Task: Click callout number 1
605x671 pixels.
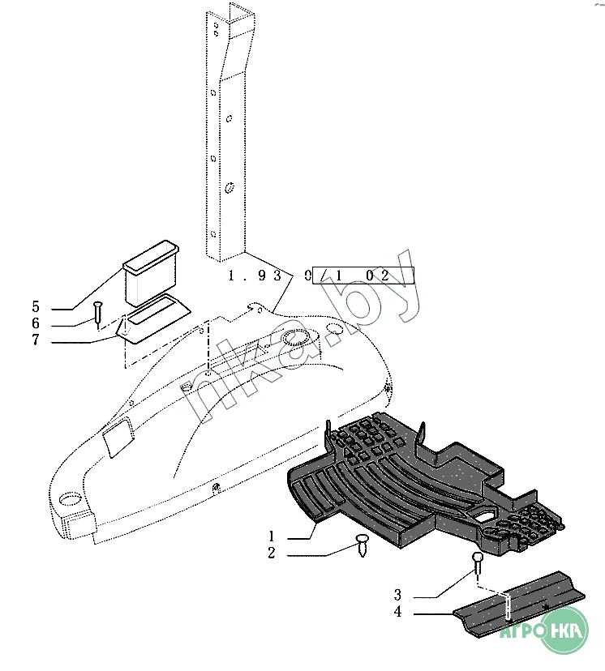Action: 272,536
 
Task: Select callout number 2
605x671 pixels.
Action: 272,553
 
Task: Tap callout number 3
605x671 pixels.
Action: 397,594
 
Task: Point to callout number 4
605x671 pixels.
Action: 397,612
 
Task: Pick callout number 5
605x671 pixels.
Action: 36,306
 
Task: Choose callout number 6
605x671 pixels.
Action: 36,323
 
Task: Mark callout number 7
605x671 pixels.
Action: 36,340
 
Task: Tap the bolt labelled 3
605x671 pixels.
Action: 478,564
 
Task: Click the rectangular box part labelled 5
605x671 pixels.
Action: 151,273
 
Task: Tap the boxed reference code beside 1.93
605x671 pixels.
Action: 363,276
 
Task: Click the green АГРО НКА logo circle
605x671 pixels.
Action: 564,630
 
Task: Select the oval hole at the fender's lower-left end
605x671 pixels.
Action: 70,499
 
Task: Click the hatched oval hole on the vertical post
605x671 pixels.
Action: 229,187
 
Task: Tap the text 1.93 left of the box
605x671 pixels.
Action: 255,276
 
